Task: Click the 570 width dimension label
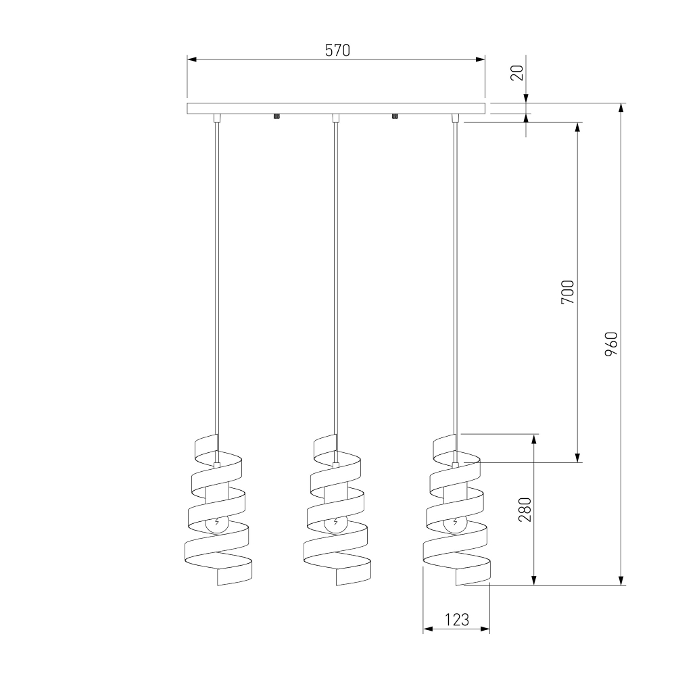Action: tap(337, 51)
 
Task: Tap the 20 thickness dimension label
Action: tap(517, 72)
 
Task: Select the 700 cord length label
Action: tap(568, 292)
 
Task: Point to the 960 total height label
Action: tap(611, 343)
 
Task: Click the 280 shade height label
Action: tap(525, 510)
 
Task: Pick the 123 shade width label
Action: tap(456, 619)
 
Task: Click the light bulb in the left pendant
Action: tap(217, 523)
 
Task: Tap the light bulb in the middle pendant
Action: tap(336, 523)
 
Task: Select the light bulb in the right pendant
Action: tap(455, 523)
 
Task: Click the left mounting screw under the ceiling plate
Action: tap(276, 116)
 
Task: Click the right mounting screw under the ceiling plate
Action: tap(395, 116)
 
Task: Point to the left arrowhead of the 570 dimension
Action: tap(192, 59)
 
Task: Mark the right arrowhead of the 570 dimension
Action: tap(480, 59)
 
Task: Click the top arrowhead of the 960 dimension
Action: tap(621, 107)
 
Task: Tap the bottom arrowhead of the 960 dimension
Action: tap(621, 581)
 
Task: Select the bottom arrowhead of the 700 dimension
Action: tap(578, 458)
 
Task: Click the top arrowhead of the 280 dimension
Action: tap(534, 439)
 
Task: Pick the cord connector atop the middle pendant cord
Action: tap(336, 118)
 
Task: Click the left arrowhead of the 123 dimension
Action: tap(428, 629)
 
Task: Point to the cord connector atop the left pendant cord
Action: tap(217, 118)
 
